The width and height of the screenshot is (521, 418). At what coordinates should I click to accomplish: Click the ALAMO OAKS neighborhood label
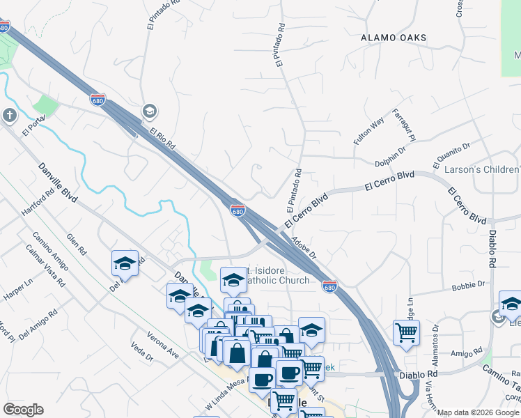pos(394,38)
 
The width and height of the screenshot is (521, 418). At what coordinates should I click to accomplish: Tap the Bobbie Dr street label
pos(468,284)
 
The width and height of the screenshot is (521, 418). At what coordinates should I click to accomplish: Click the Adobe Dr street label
pos(304,247)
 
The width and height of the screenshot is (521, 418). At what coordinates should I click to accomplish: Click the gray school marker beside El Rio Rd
pos(149,111)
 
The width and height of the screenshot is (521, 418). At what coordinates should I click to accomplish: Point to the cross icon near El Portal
pos(9,115)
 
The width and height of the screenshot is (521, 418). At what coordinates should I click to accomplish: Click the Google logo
pos(23,410)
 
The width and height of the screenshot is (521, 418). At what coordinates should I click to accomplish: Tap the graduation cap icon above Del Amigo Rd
pos(125,263)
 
